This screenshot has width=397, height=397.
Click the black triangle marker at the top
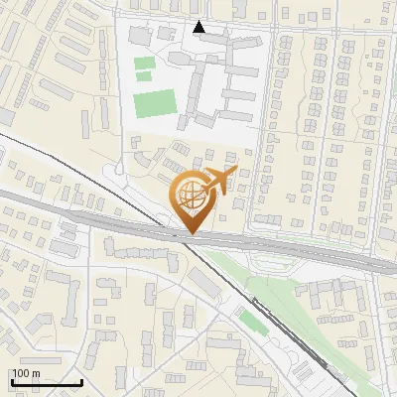pyautogui.click(x=199, y=28)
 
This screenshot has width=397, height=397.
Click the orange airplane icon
pyautogui.click(x=219, y=182)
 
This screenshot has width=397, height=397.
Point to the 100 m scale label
pyautogui.click(x=26, y=373)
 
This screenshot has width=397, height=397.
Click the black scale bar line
pyautogui.click(x=47, y=383)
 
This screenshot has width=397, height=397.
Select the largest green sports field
pyautogui.click(x=153, y=103)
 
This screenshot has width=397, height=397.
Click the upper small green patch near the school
pyautogui.click(x=145, y=64)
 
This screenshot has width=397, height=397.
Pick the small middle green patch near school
pyautogui.click(x=145, y=75)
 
